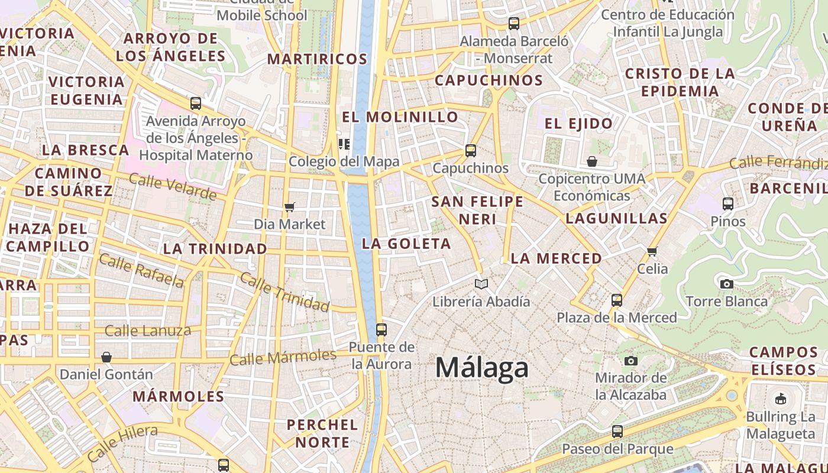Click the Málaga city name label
click(x=481, y=368)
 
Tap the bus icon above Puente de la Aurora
click(x=381, y=329)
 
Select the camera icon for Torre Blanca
click(x=727, y=284)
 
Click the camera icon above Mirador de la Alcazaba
click(x=631, y=361)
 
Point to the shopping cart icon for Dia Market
click(x=289, y=207)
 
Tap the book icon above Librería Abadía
click(x=481, y=284)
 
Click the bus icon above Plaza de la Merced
click(x=617, y=300)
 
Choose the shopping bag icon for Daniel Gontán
click(x=106, y=357)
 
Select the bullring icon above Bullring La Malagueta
click(x=781, y=399)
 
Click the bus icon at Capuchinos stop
click(x=471, y=151)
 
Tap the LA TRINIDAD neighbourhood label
click(x=215, y=249)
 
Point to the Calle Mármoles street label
click(x=283, y=357)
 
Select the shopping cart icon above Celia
click(x=652, y=252)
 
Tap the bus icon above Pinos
click(x=728, y=204)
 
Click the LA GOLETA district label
click(x=406, y=244)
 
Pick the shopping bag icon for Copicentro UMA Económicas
click(x=591, y=161)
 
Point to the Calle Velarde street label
click(x=173, y=187)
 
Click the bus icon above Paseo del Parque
click(x=617, y=432)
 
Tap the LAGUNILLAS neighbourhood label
click(x=617, y=218)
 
